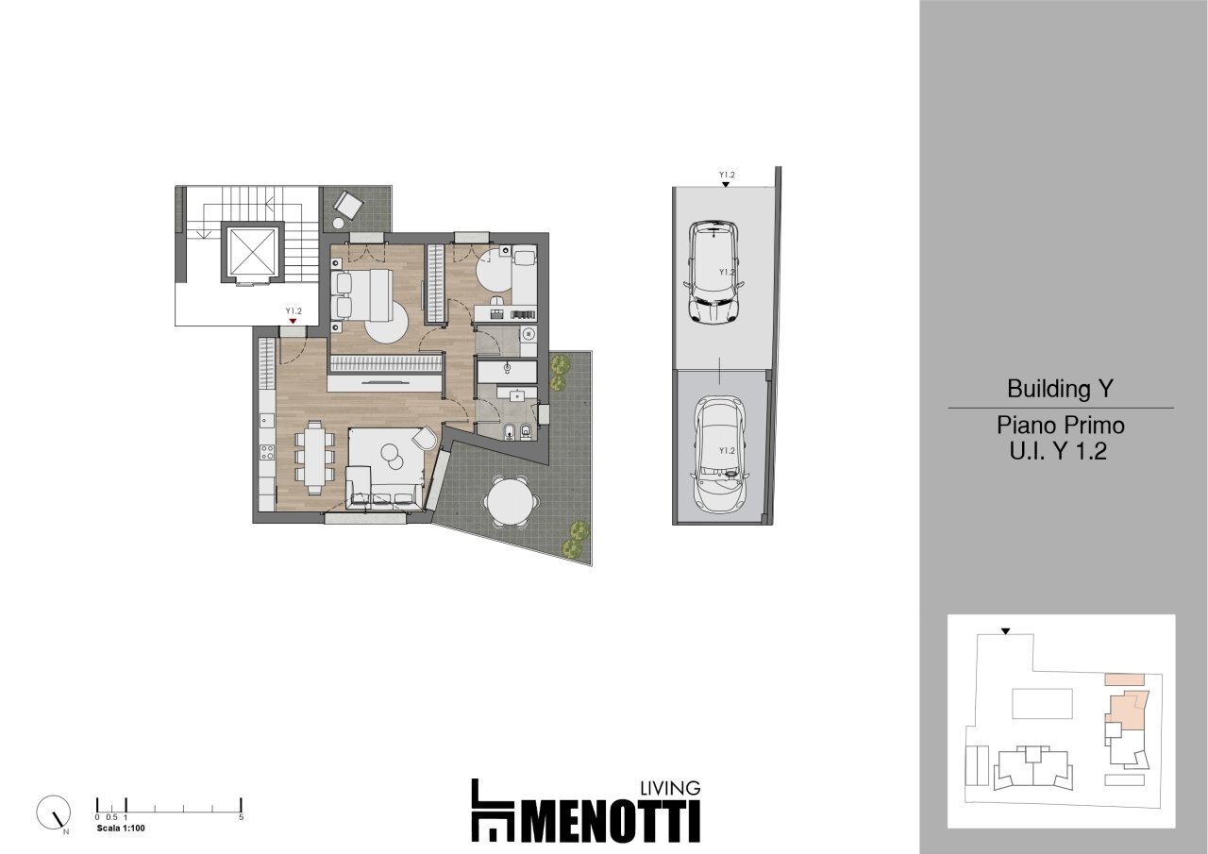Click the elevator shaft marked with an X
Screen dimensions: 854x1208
tap(252, 252)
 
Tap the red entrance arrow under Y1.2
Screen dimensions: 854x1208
tap(293, 322)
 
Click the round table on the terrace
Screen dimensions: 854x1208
tap(511, 499)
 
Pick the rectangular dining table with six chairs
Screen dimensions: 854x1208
tap(313, 456)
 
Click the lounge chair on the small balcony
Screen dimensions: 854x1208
tap(348, 205)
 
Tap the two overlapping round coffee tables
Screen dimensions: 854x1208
tap(393, 457)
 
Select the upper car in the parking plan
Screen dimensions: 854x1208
tap(715, 272)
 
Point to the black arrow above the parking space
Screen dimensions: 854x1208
tap(725, 185)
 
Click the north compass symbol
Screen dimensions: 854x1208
tap(53, 812)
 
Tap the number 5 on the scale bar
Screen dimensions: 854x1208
tap(242, 817)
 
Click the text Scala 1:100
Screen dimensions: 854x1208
tap(121, 829)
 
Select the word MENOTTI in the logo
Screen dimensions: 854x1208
tap(610, 822)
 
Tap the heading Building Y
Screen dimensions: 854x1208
tap(1061, 389)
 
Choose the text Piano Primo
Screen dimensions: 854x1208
tap(1061, 426)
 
